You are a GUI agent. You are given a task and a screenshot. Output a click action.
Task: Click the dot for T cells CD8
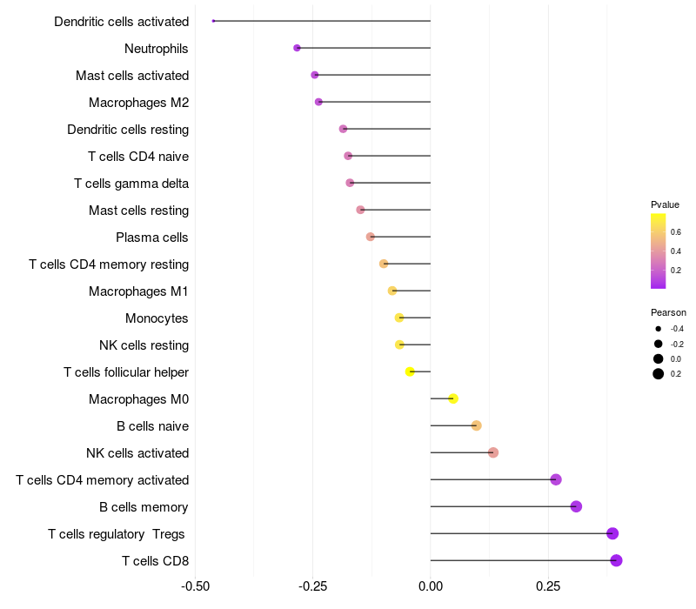click(x=616, y=560)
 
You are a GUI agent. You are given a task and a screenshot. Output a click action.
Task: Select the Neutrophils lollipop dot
click(x=297, y=48)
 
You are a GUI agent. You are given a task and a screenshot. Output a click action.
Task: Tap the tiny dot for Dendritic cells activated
click(x=213, y=21)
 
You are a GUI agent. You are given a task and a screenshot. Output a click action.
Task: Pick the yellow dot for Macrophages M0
click(x=453, y=398)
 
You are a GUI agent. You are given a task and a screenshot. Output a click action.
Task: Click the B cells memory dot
click(x=576, y=506)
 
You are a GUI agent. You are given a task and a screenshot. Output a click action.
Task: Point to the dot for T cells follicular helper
click(x=410, y=371)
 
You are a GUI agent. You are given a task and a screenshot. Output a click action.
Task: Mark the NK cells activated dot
click(x=493, y=452)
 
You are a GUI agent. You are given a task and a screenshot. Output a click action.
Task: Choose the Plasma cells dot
click(x=371, y=237)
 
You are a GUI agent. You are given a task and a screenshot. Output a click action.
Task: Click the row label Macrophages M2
click(x=139, y=103)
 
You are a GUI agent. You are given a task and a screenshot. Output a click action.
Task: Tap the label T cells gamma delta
click(x=131, y=184)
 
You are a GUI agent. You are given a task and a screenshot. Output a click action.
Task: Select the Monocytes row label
click(x=157, y=318)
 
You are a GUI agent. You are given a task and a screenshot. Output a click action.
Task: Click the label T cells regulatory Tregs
click(x=117, y=533)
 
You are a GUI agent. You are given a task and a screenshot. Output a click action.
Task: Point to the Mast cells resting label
click(x=139, y=211)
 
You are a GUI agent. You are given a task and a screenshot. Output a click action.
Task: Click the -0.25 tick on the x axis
click(x=312, y=586)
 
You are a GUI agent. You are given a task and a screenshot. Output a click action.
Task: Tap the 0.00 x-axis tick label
click(x=431, y=586)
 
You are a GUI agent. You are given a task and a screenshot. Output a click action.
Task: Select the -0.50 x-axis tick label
click(x=195, y=586)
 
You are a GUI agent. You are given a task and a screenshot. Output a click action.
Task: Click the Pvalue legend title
click(x=665, y=204)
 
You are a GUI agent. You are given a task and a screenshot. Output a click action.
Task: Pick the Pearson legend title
click(x=668, y=312)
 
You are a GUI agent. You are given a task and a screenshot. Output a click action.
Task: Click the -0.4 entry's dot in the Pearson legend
click(x=659, y=329)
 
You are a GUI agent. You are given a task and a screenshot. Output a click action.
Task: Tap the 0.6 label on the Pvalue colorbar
click(x=676, y=231)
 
